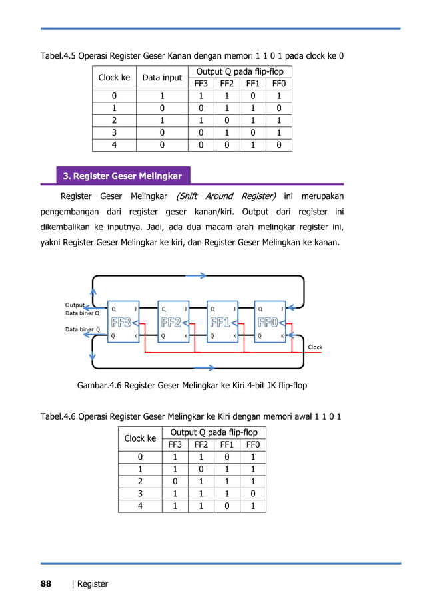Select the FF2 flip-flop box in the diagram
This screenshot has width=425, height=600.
172,323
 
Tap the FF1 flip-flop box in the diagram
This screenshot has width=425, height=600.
222,323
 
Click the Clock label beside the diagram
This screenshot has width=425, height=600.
314,347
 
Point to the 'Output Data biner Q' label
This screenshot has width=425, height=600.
82,309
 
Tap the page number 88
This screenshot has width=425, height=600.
45,584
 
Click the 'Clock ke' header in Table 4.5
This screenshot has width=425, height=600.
114,78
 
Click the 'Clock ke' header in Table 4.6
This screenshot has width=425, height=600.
140,438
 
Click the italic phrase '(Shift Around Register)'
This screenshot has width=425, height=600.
226,196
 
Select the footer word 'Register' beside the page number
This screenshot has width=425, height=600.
93,584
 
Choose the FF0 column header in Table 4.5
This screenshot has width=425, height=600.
279,84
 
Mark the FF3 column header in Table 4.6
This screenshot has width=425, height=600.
175,445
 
